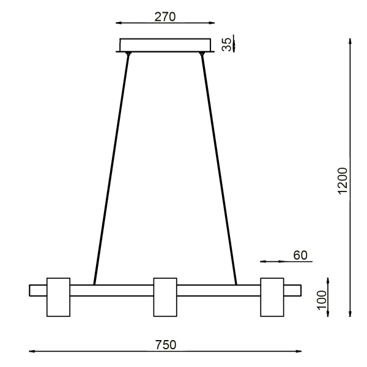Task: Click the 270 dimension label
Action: [x=165, y=17]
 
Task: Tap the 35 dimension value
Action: [x=226, y=45]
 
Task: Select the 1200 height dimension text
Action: [x=343, y=180]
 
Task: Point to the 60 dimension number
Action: [x=299, y=254]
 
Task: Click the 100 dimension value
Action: [x=322, y=300]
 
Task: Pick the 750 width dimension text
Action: [x=165, y=344]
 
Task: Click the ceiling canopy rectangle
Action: [x=165, y=45]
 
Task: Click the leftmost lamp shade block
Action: [x=59, y=297]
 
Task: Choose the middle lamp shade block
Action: [x=165, y=297]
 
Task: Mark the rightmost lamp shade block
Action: [x=272, y=297]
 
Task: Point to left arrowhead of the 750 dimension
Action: [x=31, y=352]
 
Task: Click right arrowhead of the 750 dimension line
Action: [x=299, y=352]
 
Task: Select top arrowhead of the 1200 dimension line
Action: [x=350, y=41]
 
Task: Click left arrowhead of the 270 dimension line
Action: [x=117, y=24]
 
